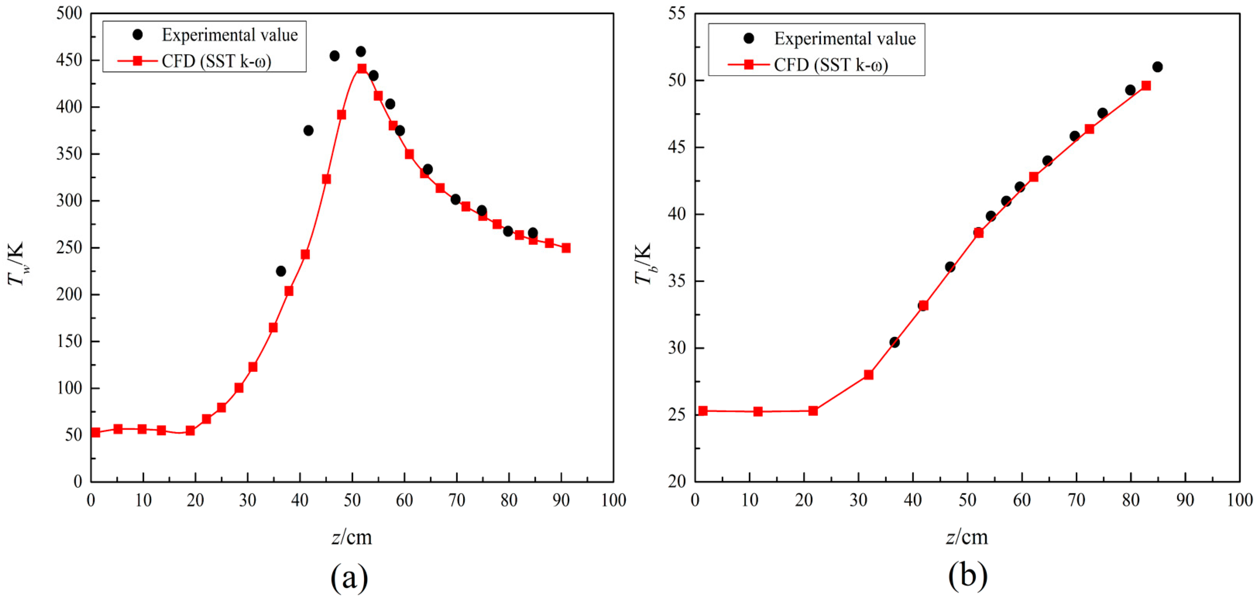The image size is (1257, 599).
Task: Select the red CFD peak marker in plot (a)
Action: click(361, 69)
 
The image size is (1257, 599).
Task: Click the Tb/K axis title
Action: click(643, 263)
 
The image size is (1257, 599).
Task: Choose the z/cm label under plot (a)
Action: click(351, 537)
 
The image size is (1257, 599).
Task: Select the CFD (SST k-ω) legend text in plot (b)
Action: click(831, 65)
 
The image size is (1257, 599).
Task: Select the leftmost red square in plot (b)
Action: click(703, 411)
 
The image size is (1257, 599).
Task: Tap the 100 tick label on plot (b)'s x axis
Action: click(1239, 500)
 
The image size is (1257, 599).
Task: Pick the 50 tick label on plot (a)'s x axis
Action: click(352, 500)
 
